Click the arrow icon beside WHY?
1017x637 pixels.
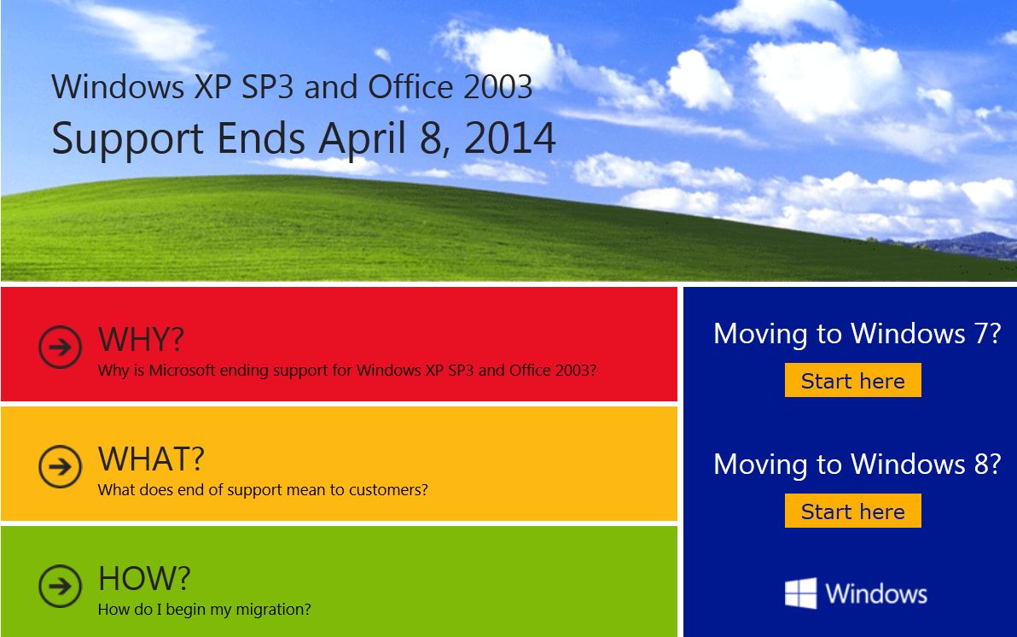click(x=60, y=347)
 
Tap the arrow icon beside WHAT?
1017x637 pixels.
click(x=60, y=466)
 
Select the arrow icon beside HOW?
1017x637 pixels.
click(x=60, y=587)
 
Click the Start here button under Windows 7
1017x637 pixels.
click(x=853, y=380)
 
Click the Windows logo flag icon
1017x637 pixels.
click(x=800, y=593)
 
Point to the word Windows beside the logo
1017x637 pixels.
click(x=876, y=593)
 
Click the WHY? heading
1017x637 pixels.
click(x=141, y=339)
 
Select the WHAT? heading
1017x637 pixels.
click(x=151, y=459)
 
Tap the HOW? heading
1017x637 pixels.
click(x=144, y=579)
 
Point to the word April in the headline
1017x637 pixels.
click(x=363, y=139)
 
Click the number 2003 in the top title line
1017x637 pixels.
click(x=497, y=87)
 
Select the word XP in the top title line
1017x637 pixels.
click(x=212, y=87)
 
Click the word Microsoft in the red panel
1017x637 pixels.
click(x=182, y=370)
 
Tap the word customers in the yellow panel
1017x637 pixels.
click(x=388, y=489)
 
